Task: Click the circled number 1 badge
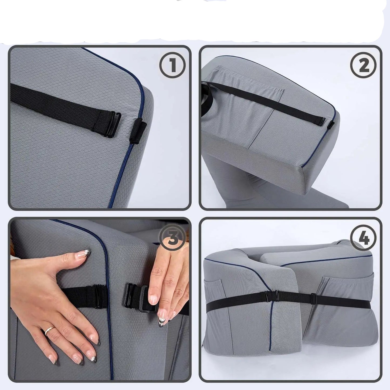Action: coord(172,65)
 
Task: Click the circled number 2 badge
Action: coord(364,65)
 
